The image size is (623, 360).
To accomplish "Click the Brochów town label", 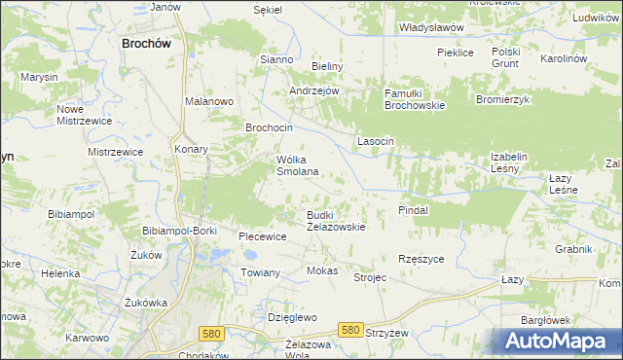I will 146,43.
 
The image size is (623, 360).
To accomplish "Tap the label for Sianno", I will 276,59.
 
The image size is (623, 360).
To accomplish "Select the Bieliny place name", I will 328,66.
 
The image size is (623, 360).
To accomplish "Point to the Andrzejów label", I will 313,90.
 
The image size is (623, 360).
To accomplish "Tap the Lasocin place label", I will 376,141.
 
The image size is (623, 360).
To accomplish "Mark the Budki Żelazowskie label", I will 336,221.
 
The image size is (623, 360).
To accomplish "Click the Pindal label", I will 414,209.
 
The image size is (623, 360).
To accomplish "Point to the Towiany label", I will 261,272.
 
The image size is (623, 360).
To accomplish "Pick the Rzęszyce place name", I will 421,259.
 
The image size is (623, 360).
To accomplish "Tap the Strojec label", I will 370,277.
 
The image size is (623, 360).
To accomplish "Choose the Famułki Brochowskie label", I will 415,99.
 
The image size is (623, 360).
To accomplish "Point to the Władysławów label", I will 431,28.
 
